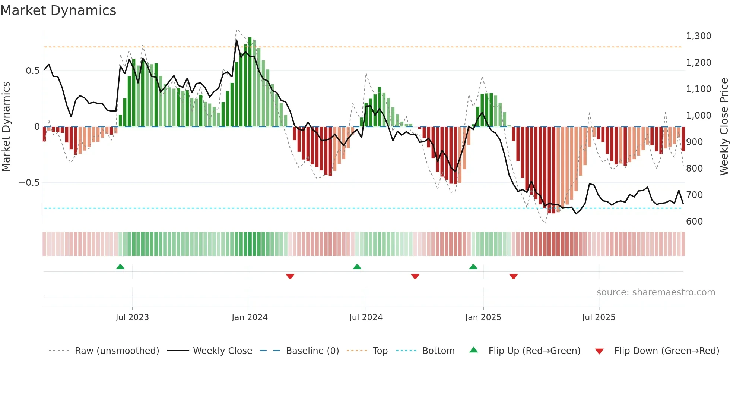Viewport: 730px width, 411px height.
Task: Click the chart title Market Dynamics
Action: tap(58, 10)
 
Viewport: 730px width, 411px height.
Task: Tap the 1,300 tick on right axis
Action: tap(698, 36)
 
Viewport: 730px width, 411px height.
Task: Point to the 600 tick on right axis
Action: tap(694, 221)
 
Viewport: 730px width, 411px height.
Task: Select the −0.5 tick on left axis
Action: tap(29, 183)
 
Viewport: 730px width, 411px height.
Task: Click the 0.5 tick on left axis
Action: tap(32, 71)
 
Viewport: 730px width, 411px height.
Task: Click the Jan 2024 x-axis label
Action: tap(250, 317)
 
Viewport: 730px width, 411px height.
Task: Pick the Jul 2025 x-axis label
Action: tap(599, 317)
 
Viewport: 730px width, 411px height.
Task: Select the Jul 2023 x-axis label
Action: tap(132, 317)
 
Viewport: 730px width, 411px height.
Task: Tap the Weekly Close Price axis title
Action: tap(724, 126)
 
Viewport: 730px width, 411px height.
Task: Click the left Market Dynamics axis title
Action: tap(6, 126)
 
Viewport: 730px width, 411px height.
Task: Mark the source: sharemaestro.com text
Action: tap(656, 292)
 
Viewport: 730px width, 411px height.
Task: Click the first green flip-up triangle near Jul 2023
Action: tap(120, 267)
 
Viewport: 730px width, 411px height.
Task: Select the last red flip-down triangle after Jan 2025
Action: tap(514, 276)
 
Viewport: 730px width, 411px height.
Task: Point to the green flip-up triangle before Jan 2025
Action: tap(473, 267)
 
